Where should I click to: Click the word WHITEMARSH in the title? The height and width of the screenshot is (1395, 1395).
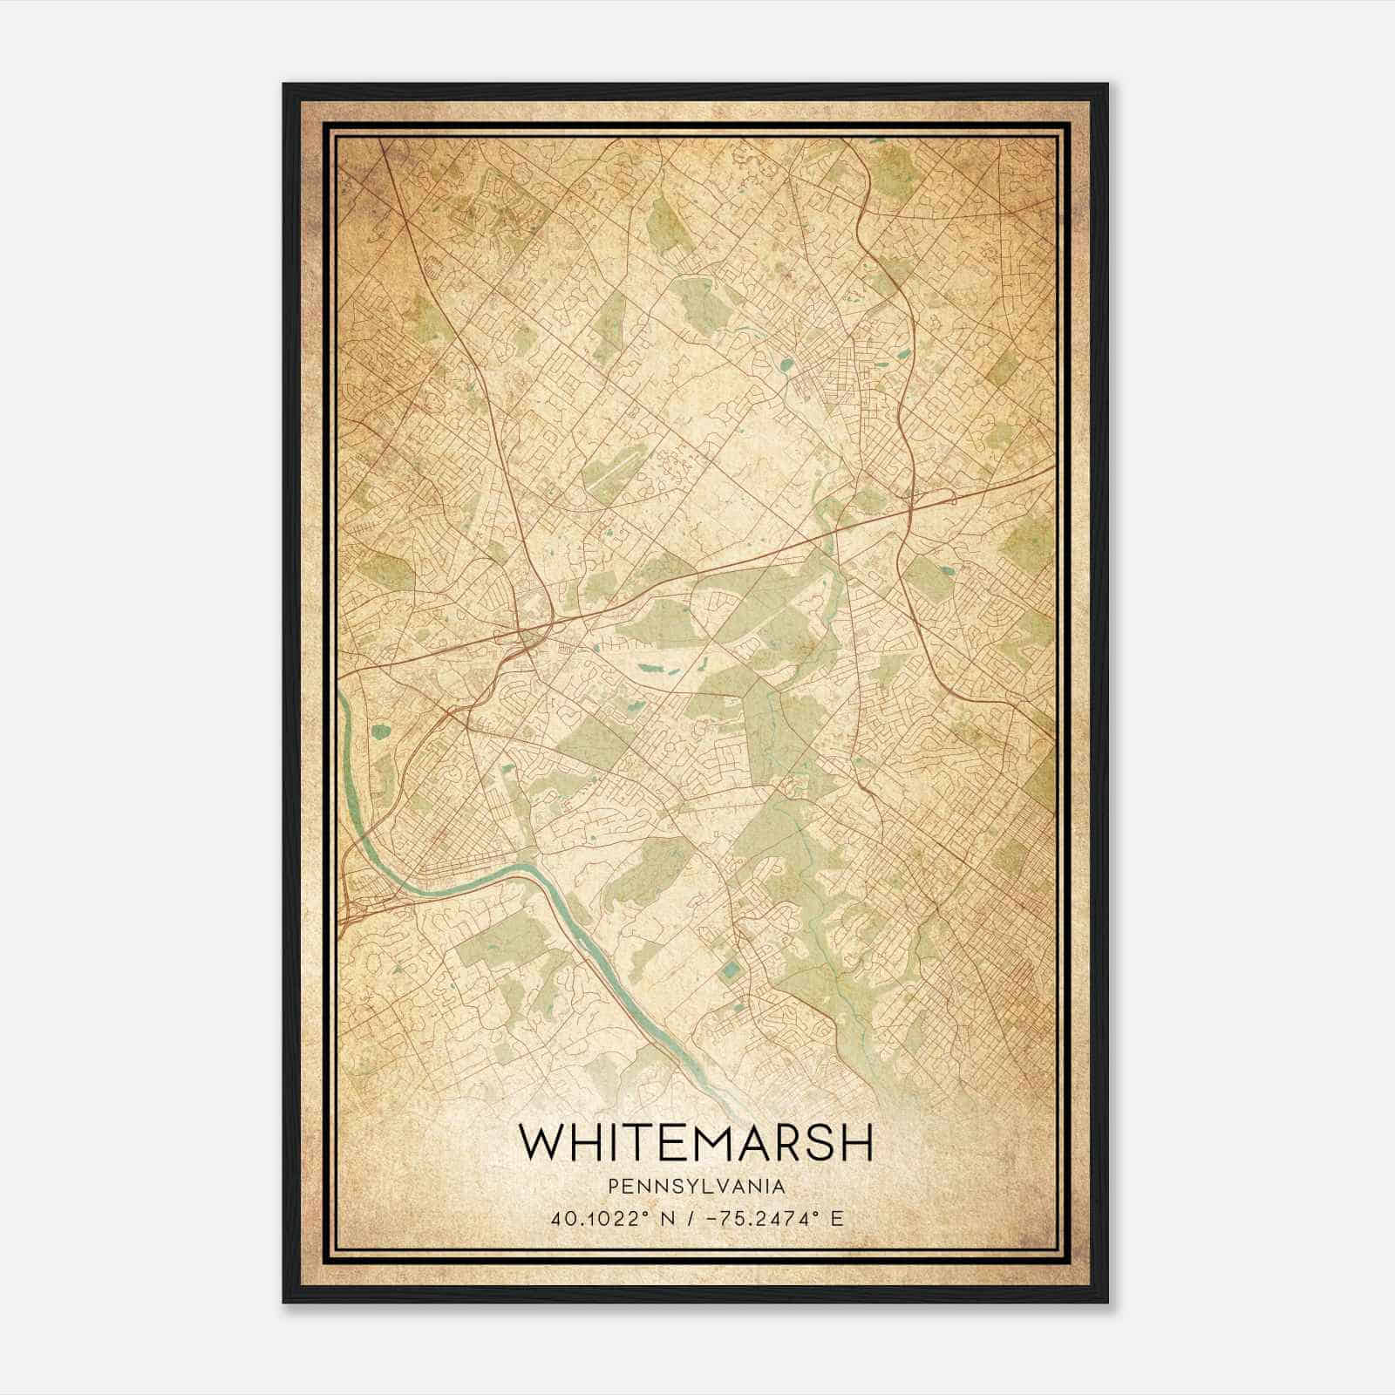(695, 1141)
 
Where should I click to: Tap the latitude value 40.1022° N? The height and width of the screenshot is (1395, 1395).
(601, 1218)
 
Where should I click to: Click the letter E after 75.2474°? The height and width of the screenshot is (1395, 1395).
(838, 1218)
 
